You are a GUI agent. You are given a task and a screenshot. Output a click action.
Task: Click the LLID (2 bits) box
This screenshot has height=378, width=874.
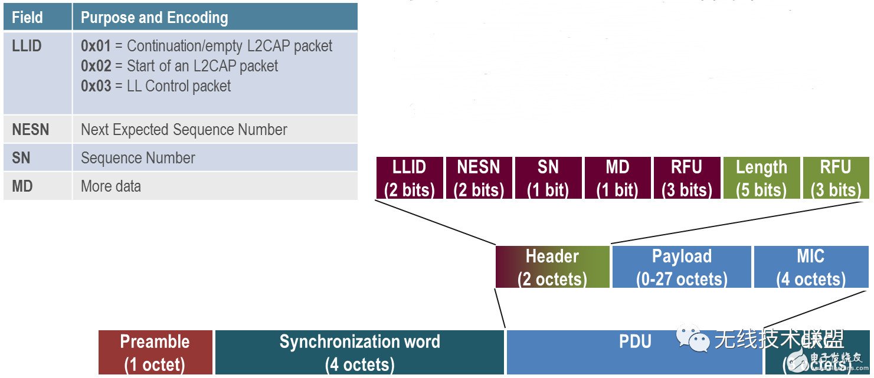tap(409, 178)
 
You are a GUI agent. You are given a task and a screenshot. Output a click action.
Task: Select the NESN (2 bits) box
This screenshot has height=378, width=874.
tap(479, 178)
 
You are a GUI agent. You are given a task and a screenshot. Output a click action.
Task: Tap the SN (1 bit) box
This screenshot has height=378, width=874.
tap(548, 178)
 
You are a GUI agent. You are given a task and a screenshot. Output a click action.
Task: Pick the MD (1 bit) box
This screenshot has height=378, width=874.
tap(617, 178)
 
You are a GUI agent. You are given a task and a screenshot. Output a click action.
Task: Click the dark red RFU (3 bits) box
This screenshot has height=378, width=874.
tap(687, 178)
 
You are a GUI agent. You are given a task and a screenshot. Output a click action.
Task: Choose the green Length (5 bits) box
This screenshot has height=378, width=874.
tap(761, 178)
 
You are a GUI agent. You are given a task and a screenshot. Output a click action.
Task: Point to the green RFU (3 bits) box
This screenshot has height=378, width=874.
tap(836, 178)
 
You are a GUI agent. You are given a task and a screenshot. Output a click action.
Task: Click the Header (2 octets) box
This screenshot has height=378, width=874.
tap(552, 267)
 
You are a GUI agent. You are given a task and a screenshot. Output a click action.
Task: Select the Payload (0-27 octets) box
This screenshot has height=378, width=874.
tap(682, 267)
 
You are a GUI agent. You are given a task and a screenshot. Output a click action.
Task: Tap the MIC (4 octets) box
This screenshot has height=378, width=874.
tap(810, 267)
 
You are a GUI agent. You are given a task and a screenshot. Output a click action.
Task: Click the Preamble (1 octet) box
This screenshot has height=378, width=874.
tap(155, 352)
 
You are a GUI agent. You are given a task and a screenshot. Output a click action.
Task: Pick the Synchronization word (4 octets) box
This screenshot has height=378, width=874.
tap(359, 352)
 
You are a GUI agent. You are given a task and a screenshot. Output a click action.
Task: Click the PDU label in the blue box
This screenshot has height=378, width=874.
tap(635, 342)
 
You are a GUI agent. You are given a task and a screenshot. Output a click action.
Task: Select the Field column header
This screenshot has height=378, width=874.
tap(27, 17)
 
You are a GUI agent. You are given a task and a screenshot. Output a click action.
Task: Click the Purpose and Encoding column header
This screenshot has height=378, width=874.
tap(154, 17)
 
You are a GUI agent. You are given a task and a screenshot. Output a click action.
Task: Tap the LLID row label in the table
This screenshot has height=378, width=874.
tap(27, 46)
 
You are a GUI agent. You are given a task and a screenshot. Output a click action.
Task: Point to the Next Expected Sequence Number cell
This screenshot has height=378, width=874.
tap(184, 130)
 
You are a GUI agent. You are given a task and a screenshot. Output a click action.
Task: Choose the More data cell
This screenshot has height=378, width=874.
tap(111, 186)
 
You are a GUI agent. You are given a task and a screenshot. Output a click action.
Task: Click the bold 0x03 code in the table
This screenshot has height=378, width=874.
tap(96, 86)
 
